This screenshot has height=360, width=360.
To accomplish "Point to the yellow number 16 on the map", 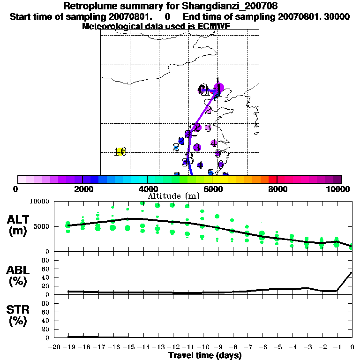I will pyautogui.click(x=121, y=151).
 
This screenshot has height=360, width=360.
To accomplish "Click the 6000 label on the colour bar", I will pyautogui.click(x=212, y=189).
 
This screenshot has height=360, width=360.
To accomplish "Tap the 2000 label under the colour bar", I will pyautogui.click(x=82, y=189).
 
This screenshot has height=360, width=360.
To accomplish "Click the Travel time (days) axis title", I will pyautogui.click(x=205, y=356).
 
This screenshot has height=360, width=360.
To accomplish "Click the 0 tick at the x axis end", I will pyautogui.click(x=352, y=347).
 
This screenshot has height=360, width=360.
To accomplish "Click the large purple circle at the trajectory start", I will pyautogui.click(x=218, y=88).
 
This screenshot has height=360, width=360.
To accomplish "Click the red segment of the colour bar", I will pyautogui.click(x=273, y=179).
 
